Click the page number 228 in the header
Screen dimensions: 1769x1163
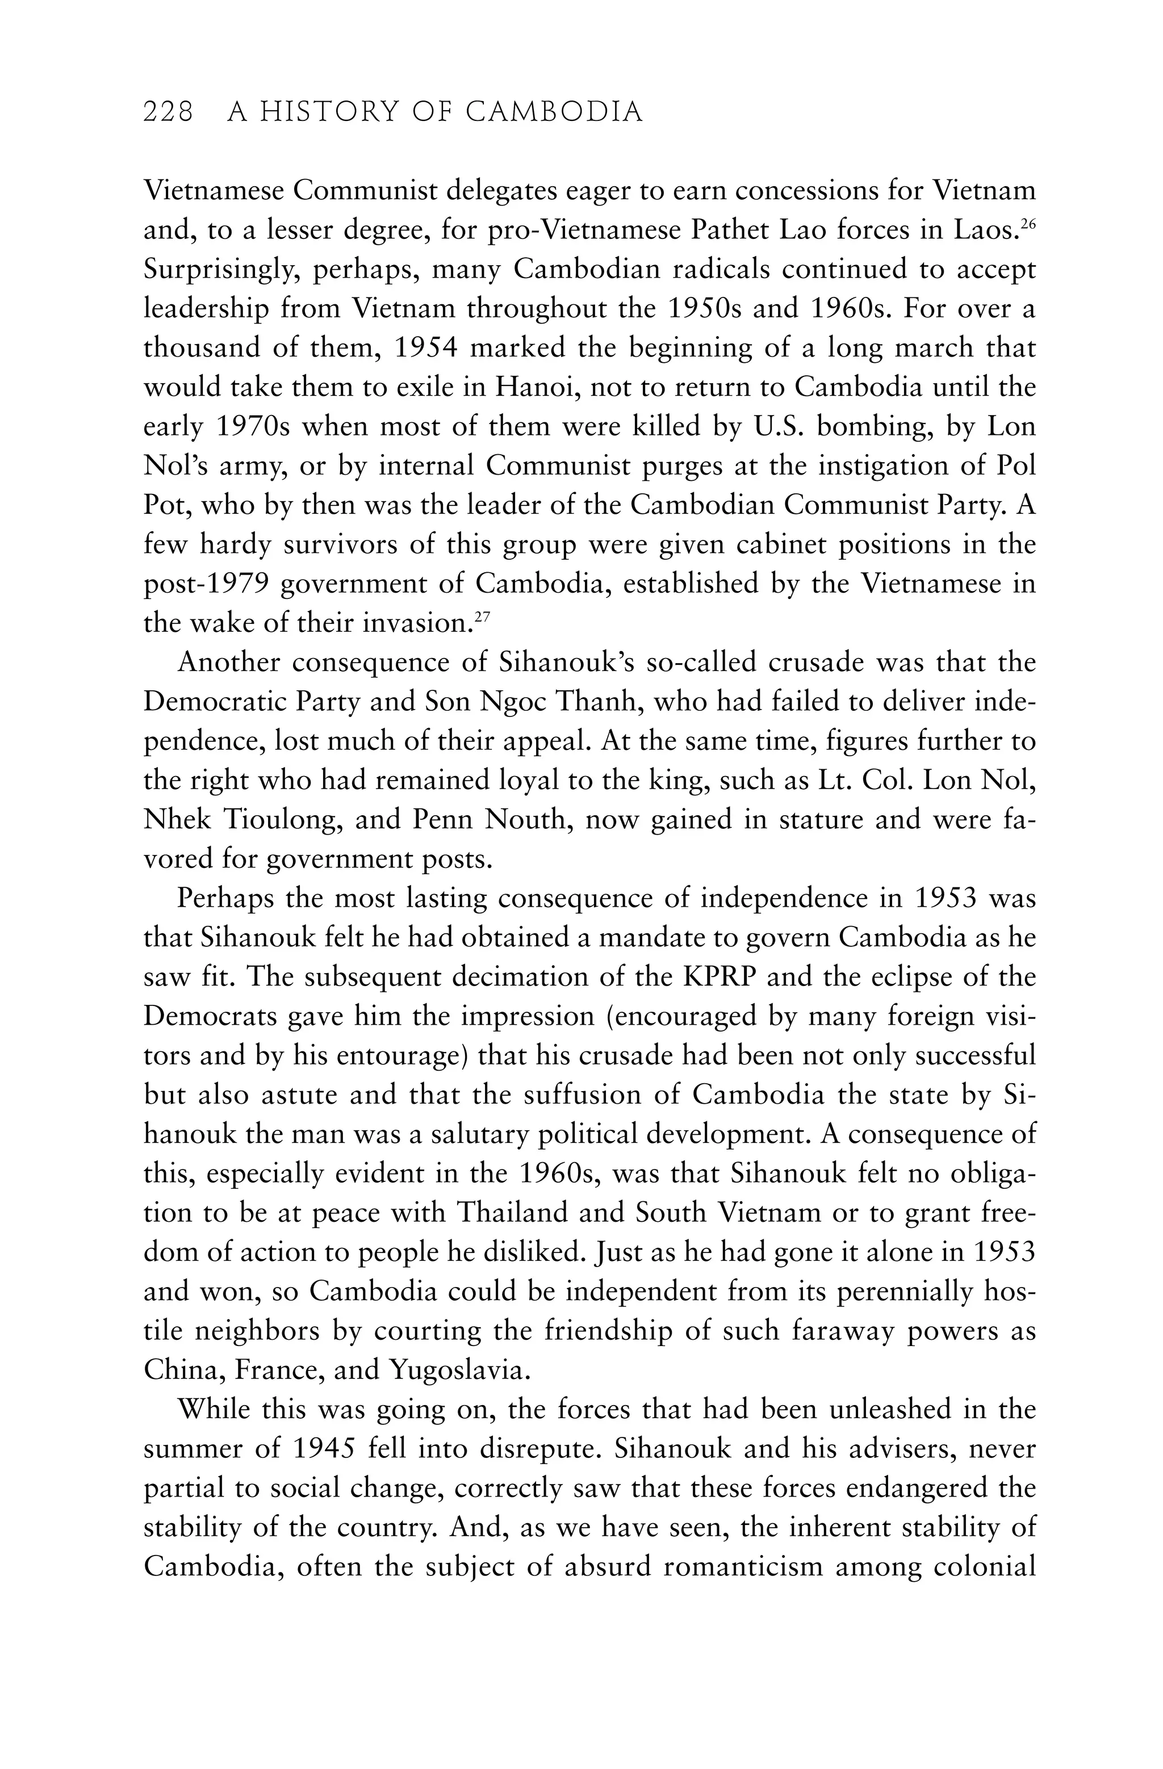pyautogui.click(x=168, y=112)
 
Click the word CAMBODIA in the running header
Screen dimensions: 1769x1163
pyautogui.click(x=554, y=112)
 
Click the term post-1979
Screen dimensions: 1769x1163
pyautogui.click(x=206, y=584)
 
